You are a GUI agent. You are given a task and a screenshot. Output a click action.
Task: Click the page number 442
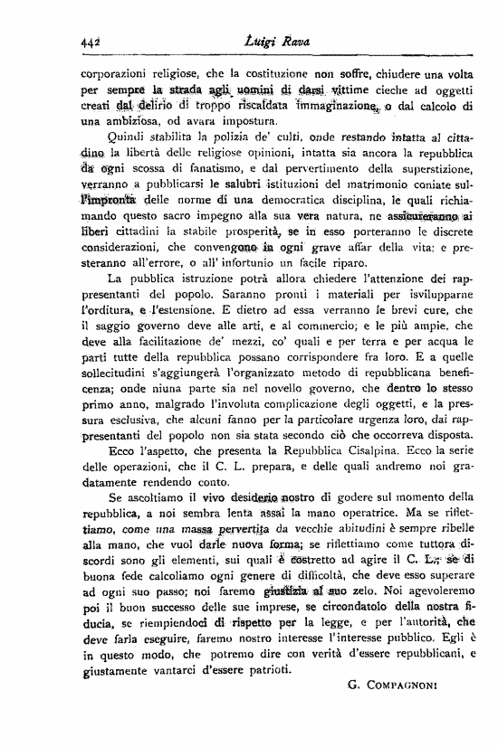tap(90, 38)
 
